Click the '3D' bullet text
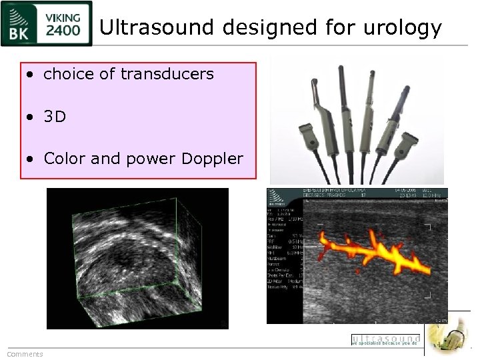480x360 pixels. [55, 117]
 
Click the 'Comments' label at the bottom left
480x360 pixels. [25, 354]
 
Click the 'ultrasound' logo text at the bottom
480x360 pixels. [385, 339]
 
